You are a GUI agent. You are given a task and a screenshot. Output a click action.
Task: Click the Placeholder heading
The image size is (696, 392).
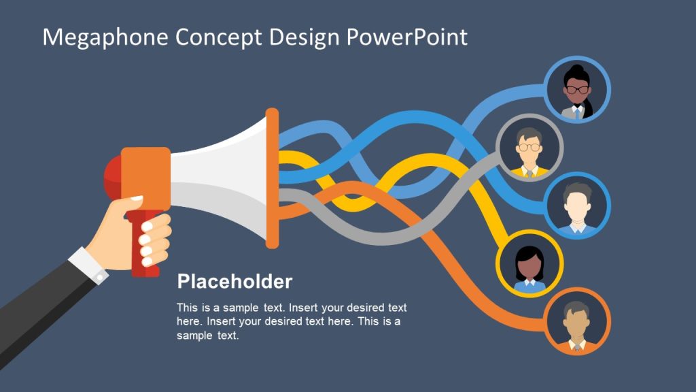[x=234, y=282]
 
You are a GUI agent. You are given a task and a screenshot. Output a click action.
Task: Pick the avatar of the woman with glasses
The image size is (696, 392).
[x=578, y=90]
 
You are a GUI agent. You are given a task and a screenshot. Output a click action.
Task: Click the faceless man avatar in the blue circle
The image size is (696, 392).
[x=578, y=206]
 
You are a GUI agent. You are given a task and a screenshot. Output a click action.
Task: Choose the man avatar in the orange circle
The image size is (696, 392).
[x=578, y=323]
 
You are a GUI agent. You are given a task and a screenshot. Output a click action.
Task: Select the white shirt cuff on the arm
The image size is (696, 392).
[x=88, y=265]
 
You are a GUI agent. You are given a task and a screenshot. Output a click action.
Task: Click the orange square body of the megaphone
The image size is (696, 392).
[x=145, y=177]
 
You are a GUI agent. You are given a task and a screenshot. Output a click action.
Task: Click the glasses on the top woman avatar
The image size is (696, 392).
[x=578, y=89]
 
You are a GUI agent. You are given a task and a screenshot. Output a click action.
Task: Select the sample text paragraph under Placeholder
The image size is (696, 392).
[x=291, y=321]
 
